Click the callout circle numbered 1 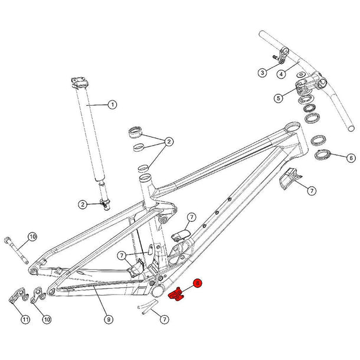112,105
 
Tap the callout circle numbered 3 263,73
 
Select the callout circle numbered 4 282,74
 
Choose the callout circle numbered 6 351,158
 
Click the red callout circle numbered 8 198,284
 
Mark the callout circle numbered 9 109,319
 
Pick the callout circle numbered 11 25,320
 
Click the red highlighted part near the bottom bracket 176,294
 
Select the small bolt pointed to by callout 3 275,57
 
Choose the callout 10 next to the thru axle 32,237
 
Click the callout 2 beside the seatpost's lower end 84,204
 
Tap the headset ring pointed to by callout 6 323,156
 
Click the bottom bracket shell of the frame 158,290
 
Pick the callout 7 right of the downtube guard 310,189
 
